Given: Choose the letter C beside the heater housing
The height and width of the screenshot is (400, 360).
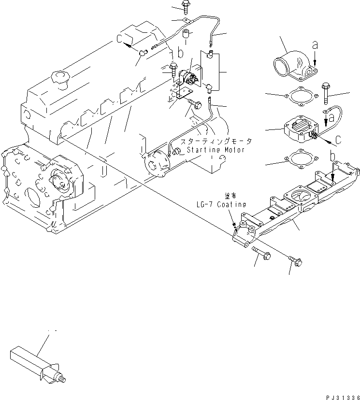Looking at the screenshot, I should [338, 140].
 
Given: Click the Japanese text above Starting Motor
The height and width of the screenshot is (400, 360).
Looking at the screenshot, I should [216, 142].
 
